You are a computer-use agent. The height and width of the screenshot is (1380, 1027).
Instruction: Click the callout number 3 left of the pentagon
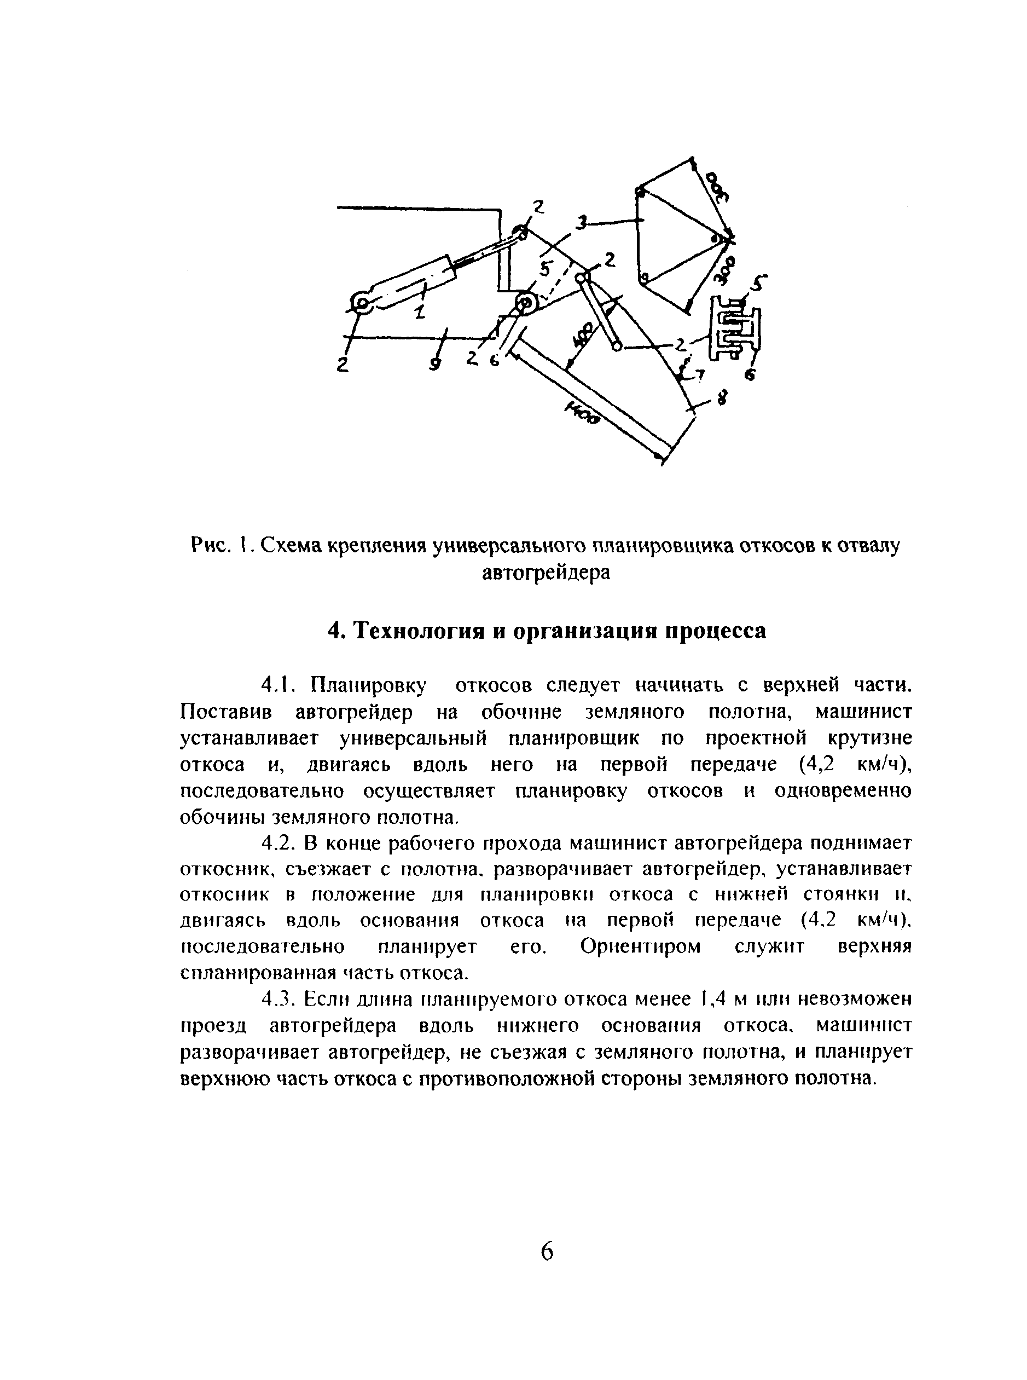(581, 223)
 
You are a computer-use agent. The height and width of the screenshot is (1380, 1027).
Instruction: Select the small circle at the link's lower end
(616, 347)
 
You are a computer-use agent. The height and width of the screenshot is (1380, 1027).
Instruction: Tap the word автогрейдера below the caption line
(547, 572)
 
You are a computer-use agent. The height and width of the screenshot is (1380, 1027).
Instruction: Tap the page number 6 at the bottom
(547, 1251)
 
